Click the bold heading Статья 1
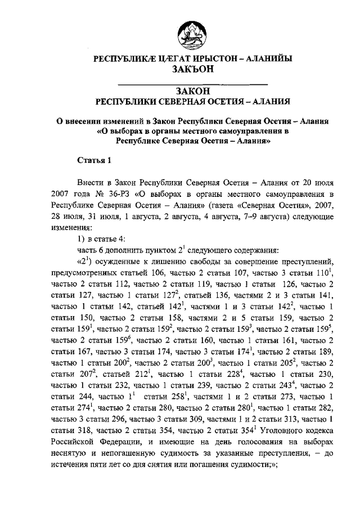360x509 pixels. coord(93,160)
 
